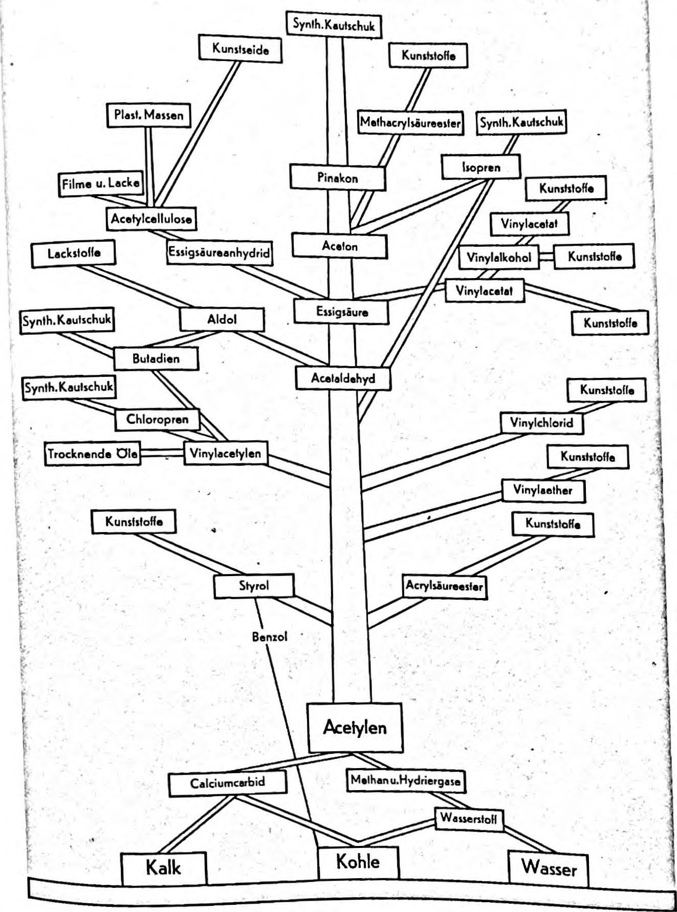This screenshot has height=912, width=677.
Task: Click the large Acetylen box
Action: point(355,727)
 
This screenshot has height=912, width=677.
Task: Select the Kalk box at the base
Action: point(164,868)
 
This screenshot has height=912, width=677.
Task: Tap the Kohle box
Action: point(358,862)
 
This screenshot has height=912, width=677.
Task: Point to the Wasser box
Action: point(549,868)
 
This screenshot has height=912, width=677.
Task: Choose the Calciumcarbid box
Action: point(227,783)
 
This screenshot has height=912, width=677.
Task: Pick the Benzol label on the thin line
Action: point(270,637)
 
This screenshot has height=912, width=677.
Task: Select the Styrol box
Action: point(254,586)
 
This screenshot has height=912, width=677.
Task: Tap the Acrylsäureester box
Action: point(444,586)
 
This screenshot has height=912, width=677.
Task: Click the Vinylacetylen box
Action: point(225,453)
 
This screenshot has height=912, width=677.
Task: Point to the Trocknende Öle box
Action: point(93,454)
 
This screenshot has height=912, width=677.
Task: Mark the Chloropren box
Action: point(157,419)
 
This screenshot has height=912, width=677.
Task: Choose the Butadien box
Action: point(156,358)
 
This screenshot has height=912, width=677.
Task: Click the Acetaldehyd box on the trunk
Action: point(343,378)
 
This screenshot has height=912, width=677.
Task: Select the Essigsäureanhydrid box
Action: point(219,253)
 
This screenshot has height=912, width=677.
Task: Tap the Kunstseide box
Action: point(241,50)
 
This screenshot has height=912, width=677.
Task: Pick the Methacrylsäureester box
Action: point(410,123)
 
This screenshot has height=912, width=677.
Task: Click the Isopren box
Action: point(481,167)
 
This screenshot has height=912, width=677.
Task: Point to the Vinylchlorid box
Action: point(541,423)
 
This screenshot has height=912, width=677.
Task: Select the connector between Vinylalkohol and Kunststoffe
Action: point(547,257)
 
